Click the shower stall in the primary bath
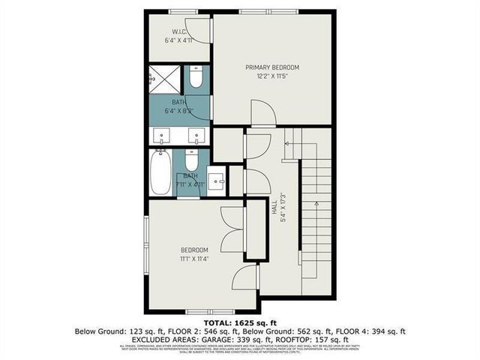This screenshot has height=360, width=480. tap(163, 78)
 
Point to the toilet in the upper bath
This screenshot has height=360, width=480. tap(196, 78)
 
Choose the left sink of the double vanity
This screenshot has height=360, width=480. tap(162, 136)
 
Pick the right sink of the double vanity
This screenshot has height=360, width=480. tap(196, 136)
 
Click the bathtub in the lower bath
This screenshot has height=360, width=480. tap(160, 173)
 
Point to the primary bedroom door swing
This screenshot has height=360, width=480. tap(262, 114)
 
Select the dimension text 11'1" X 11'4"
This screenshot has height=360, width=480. tap(194, 259)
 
